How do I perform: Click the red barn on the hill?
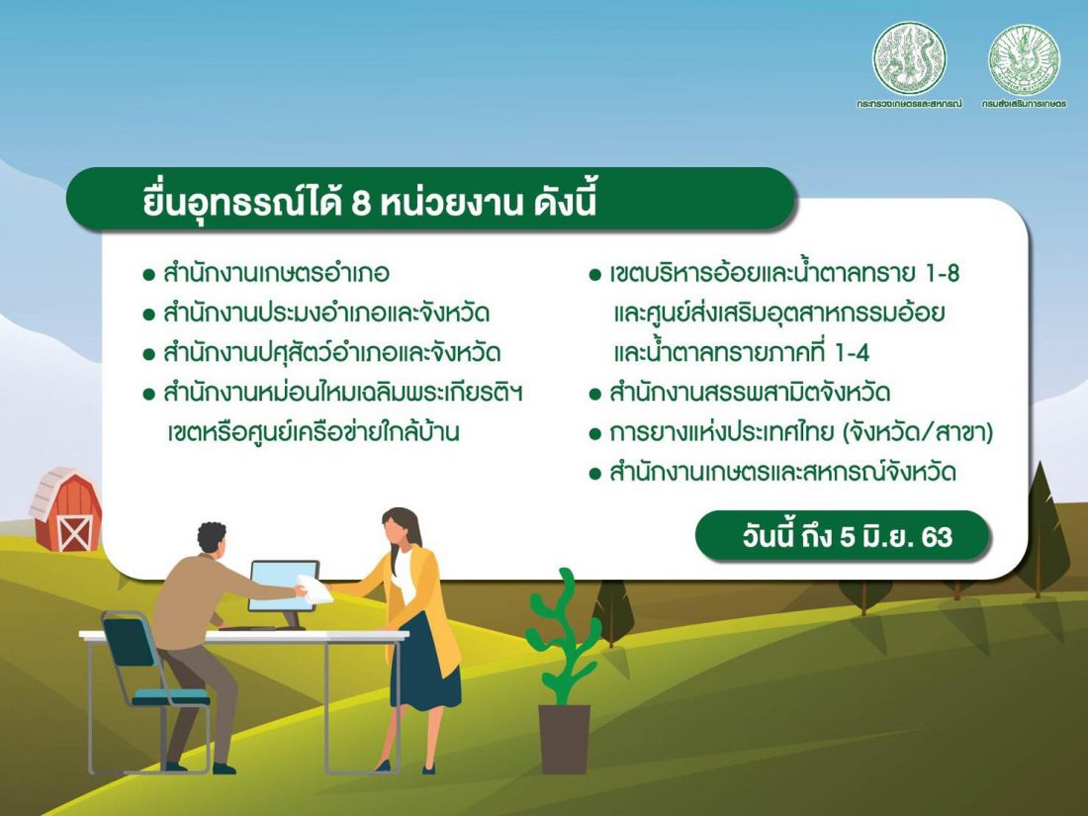(66, 510)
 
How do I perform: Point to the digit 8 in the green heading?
(361, 204)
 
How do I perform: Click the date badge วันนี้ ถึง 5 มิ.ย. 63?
(842, 536)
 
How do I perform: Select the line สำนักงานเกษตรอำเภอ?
(276, 273)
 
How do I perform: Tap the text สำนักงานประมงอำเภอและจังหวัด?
(326, 313)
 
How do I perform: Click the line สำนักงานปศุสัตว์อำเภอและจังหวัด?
(331, 352)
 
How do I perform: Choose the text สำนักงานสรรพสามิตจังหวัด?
(750, 393)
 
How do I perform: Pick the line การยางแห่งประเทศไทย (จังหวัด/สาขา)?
(801, 433)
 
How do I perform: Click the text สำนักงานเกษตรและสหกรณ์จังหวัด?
(782, 473)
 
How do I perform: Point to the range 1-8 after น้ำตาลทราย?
(942, 273)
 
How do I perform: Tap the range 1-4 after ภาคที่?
(852, 353)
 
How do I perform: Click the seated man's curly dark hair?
(212, 537)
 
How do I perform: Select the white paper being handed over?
(315, 589)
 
